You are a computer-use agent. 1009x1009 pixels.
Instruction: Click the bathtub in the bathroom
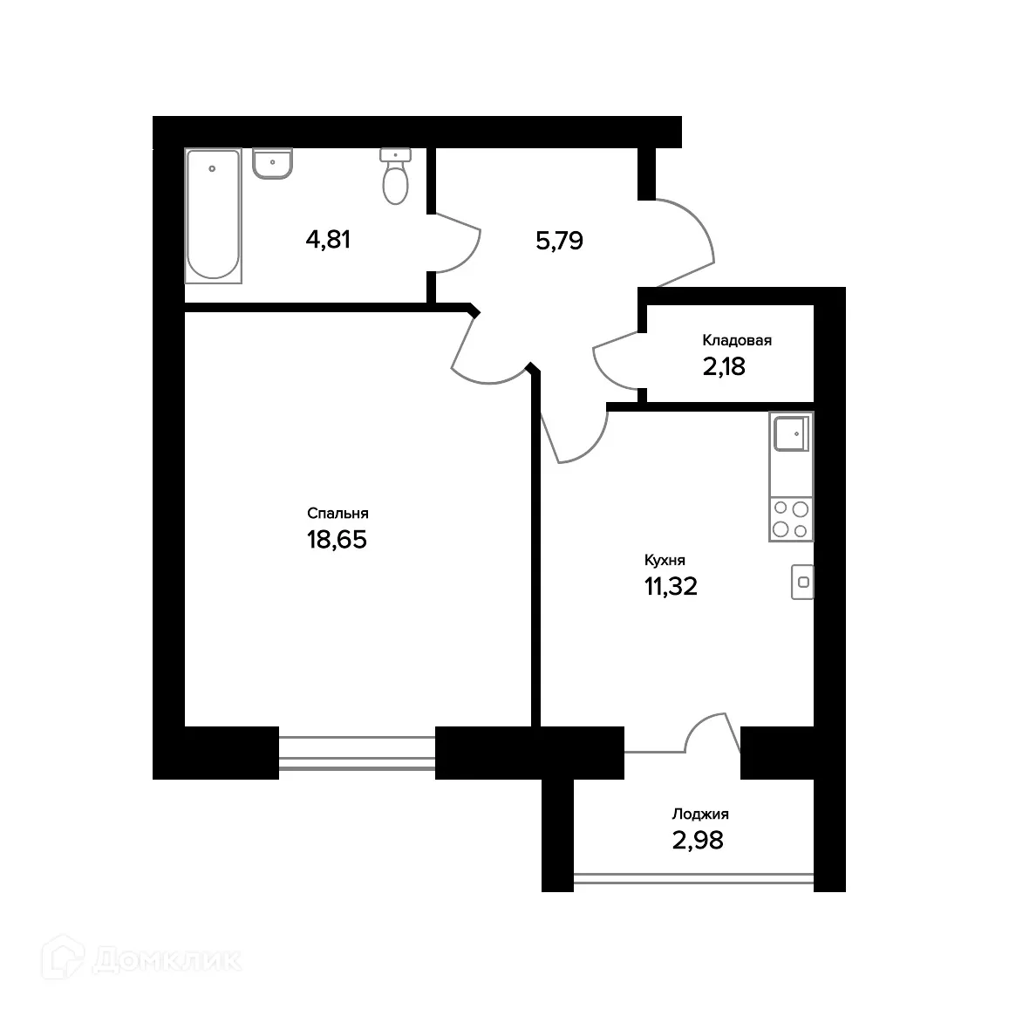point(213,215)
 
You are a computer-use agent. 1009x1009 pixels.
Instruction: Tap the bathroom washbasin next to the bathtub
point(273,163)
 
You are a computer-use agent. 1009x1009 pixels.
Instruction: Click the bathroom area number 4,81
point(328,239)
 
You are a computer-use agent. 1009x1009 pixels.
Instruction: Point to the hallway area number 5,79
point(559,241)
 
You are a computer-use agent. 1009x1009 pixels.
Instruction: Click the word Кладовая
point(737,341)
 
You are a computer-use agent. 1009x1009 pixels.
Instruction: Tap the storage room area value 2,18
point(724,366)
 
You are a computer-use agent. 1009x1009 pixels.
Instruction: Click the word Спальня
point(337,514)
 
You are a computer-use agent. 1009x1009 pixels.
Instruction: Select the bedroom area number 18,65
point(337,540)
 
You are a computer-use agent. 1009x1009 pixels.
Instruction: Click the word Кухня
point(665,561)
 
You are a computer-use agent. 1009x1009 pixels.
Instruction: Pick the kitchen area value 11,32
point(671,587)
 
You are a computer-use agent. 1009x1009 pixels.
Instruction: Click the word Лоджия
point(700,815)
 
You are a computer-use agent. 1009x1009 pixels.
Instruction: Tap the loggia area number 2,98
point(698,841)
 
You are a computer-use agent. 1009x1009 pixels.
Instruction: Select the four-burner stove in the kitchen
point(791,518)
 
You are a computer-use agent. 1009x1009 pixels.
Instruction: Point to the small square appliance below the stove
point(802,582)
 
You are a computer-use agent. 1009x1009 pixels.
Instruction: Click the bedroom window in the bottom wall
point(357,753)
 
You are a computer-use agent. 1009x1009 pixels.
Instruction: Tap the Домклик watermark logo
point(147,959)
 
